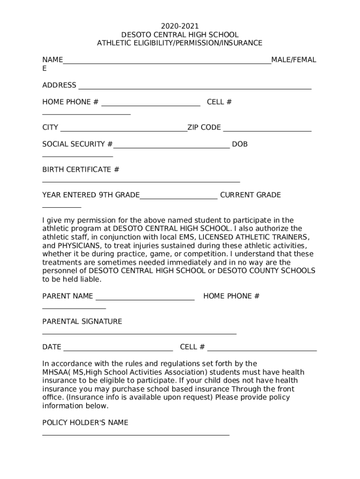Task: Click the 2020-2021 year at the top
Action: (x=180, y=26)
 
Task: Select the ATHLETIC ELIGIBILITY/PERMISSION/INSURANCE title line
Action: (x=180, y=43)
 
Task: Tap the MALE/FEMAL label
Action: (x=294, y=60)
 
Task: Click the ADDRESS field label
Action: (x=59, y=85)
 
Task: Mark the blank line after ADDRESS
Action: (x=194, y=88)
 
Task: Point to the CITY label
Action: (x=50, y=127)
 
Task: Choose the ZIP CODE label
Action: (x=204, y=127)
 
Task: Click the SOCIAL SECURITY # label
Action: (x=77, y=144)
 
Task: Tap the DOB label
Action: (x=240, y=144)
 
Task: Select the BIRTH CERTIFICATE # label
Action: (x=81, y=169)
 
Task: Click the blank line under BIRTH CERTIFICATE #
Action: (x=141, y=181)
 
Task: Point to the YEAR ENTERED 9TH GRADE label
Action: (x=91, y=195)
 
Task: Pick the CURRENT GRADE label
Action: (x=251, y=195)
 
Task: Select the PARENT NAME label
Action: (x=68, y=296)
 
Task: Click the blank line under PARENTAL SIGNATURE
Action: (x=139, y=334)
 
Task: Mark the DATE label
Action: (x=52, y=347)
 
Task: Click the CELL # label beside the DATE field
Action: (x=192, y=347)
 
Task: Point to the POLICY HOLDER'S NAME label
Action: (x=85, y=422)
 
